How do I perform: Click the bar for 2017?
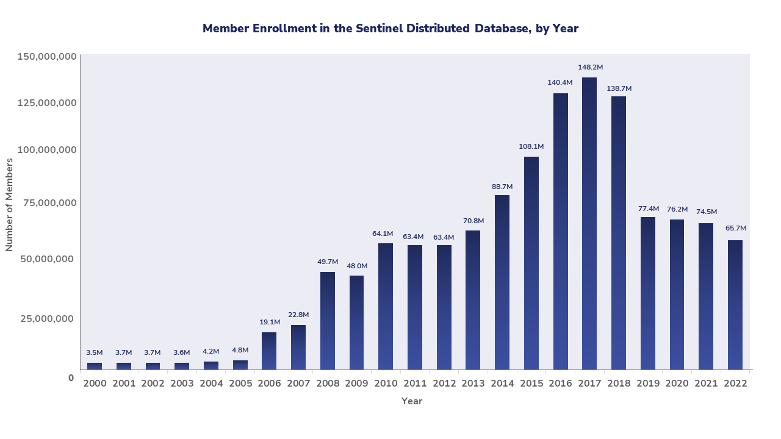(x=589, y=223)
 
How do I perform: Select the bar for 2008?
(x=328, y=321)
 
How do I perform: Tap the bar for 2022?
(x=735, y=305)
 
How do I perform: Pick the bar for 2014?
(x=502, y=282)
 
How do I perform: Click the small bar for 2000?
(x=95, y=366)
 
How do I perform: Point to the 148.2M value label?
(x=590, y=67)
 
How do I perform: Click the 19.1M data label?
(x=270, y=322)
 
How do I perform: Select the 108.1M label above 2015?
(x=531, y=146)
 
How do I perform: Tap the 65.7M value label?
(x=735, y=228)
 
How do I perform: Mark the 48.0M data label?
(x=357, y=266)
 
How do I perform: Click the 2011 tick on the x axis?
(x=415, y=384)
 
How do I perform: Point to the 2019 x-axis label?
(x=648, y=384)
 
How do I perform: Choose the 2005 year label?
(x=240, y=384)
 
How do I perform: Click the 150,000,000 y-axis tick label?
(x=47, y=57)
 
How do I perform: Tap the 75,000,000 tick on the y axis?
(x=47, y=202)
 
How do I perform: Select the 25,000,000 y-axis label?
(x=47, y=318)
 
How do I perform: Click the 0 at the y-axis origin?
(x=71, y=377)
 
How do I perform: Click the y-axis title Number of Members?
(x=9, y=204)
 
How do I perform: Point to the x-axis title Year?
(x=412, y=401)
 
